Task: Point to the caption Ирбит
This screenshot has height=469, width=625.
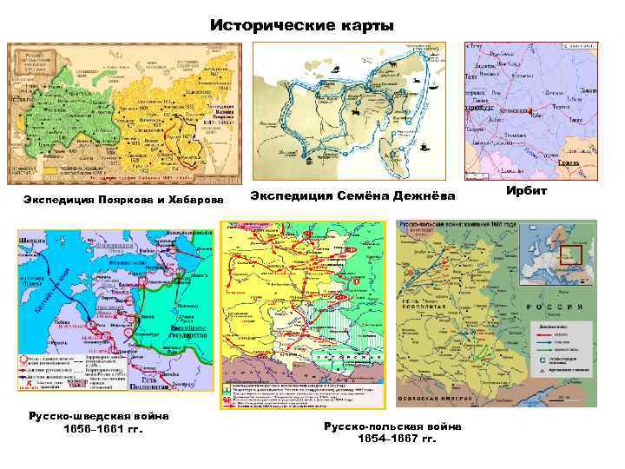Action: tap(529, 190)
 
